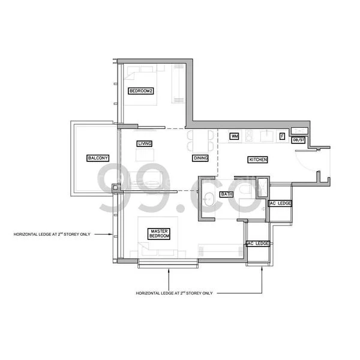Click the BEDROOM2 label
142,91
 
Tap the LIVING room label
144,144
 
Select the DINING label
200,158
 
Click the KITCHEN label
257,160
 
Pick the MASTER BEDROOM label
160,234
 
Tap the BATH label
226,194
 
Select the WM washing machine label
235,137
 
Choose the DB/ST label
298,140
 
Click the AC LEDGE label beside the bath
280,203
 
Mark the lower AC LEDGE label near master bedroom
258,244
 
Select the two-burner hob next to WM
247,136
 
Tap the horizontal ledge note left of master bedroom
52,234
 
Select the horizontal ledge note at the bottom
175,294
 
